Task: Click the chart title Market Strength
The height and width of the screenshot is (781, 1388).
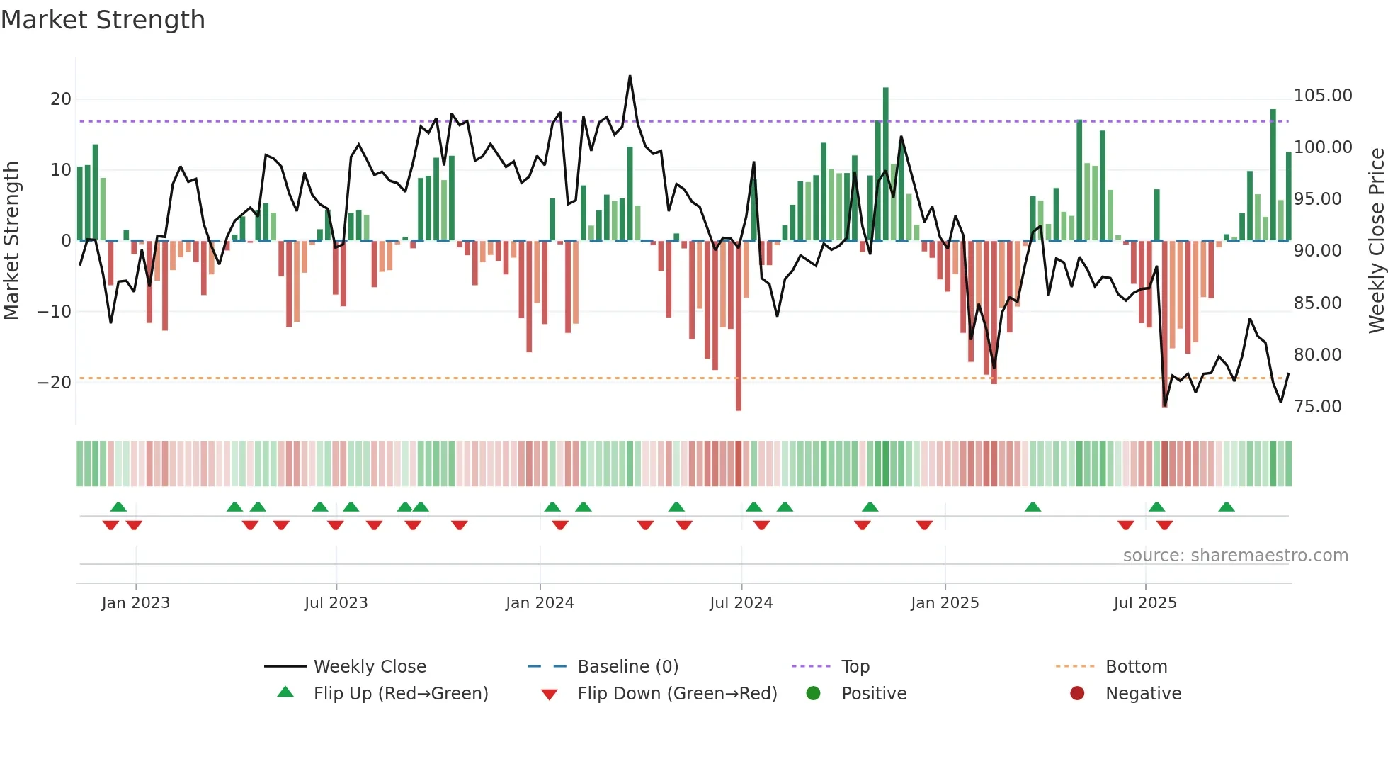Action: (103, 20)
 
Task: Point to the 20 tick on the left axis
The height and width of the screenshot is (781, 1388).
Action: (61, 99)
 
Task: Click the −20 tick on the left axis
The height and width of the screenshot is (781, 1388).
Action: (55, 383)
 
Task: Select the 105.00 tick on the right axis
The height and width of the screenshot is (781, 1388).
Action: (1322, 96)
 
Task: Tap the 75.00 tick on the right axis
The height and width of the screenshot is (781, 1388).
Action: (1317, 407)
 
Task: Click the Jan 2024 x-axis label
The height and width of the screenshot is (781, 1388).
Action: (540, 603)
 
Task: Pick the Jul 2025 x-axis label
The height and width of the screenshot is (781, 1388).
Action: (1144, 603)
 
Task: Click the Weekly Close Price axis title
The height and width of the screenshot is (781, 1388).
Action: (1376, 241)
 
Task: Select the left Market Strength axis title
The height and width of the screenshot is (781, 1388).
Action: (12, 241)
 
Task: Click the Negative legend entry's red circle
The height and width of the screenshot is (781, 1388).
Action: (1077, 694)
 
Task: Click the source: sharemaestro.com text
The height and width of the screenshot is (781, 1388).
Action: (1235, 556)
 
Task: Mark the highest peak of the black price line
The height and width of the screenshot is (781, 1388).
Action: (630, 77)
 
